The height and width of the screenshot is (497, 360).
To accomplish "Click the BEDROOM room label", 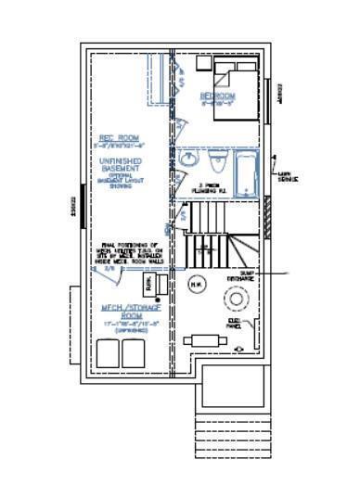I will pyautogui.click(x=217, y=96).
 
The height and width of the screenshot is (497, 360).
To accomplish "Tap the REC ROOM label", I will pyautogui.click(x=118, y=138).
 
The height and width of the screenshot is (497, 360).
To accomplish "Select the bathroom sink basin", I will pyautogui.click(x=189, y=160).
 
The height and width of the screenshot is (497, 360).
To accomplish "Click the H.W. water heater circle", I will pyautogui.click(x=196, y=284).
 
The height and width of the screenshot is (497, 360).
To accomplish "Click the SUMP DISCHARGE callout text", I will pyautogui.click(x=240, y=276).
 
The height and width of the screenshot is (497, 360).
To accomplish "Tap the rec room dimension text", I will pyautogui.click(x=118, y=147).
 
